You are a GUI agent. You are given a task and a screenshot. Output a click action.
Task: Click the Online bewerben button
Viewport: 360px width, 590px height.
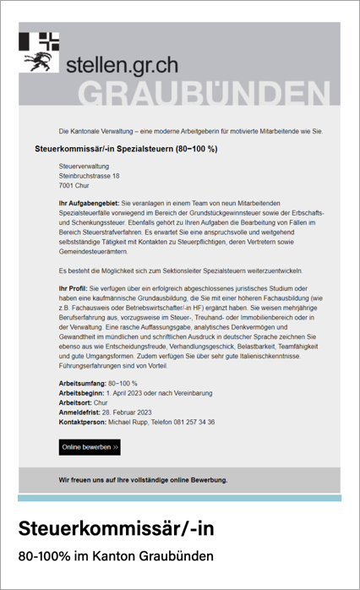tap(90, 447)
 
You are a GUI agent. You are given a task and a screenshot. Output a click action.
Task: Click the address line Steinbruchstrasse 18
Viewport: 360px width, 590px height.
tap(89, 176)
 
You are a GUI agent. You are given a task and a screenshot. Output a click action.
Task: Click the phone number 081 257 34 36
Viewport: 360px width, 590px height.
tap(194, 421)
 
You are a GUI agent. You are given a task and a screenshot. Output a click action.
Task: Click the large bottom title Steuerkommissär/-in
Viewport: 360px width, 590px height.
tap(117, 528)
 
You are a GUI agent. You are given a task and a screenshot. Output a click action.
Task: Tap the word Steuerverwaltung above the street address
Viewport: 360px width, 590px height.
tap(83, 167)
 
